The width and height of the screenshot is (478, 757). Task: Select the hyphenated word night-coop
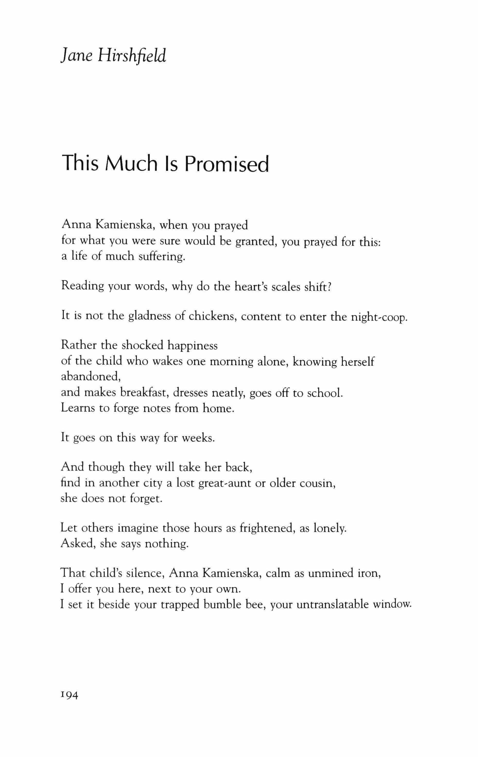click(x=379, y=317)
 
